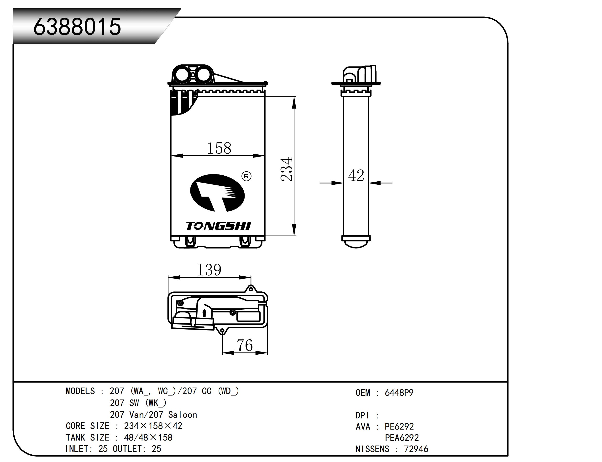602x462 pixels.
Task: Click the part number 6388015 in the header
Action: (77, 27)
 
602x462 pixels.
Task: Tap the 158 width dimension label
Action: (219, 148)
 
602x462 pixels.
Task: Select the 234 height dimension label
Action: (287, 169)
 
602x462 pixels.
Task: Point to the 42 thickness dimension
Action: (356, 175)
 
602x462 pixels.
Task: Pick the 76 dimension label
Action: (244, 345)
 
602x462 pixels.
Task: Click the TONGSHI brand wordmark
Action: (219, 226)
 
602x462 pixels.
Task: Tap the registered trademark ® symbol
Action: (246, 176)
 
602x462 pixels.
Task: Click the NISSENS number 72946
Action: (416, 449)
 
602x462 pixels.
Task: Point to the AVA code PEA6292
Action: (402, 437)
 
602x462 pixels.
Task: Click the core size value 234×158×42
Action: (153, 426)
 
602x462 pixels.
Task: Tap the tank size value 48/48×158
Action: (148, 437)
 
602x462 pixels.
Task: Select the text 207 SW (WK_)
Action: (138, 403)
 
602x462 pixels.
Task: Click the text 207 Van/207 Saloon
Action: (153, 415)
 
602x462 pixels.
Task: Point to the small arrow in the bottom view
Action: (204, 313)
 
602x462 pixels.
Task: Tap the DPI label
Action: (362, 415)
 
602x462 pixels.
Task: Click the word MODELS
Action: (80, 391)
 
